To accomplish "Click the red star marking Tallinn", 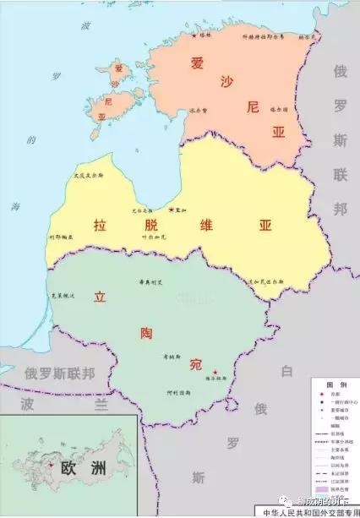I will (x=194, y=35).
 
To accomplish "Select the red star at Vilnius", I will (x=214, y=373).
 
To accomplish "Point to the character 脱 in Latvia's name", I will (x=152, y=225).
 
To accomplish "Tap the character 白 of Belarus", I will (x=286, y=370).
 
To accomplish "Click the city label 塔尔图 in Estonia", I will (x=279, y=109).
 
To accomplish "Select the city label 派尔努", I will (x=199, y=111).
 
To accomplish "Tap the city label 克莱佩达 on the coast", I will (x=65, y=296).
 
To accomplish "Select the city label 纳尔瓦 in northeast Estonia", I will (x=308, y=37).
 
